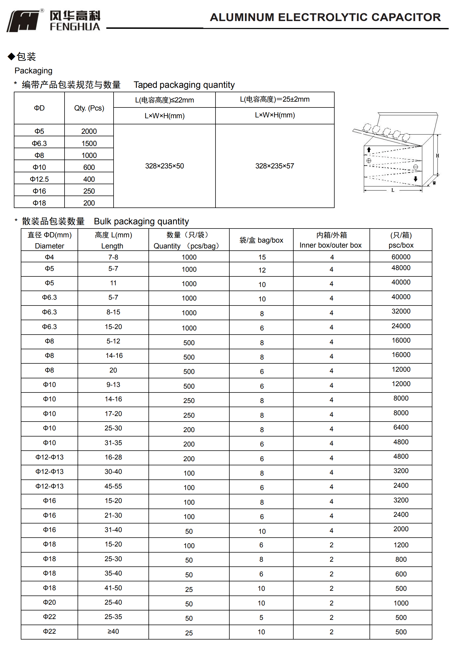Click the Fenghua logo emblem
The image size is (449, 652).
click(x=23, y=21)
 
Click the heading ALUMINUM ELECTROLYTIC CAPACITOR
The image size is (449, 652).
click(x=325, y=17)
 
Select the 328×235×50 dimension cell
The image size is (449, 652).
click(x=164, y=166)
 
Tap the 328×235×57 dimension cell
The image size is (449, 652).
click(x=274, y=166)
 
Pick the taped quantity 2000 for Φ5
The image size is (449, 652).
click(x=89, y=131)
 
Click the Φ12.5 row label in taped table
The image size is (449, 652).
click(x=39, y=179)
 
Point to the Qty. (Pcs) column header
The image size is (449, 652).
click(x=89, y=108)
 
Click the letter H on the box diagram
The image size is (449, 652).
click(x=437, y=156)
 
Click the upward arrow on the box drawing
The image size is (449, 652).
click(x=369, y=150)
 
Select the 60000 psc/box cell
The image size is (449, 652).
click(x=401, y=257)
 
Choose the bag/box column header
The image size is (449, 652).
click(x=261, y=240)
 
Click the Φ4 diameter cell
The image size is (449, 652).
click(x=49, y=257)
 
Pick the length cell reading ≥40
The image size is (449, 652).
click(x=113, y=632)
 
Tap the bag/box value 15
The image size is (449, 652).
click(x=262, y=257)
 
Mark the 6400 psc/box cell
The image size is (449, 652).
click(x=401, y=427)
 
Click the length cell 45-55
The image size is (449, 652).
click(x=113, y=486)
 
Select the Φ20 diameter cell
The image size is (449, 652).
click(x=49, y=602)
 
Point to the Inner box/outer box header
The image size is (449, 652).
click(x=331, y=240)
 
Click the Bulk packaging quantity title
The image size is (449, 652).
click(x=141, y=221)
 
